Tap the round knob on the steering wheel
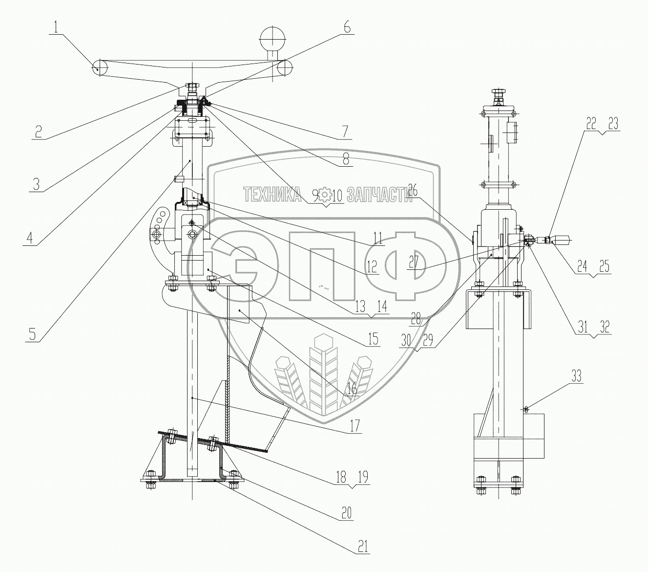click(x=272, y=37)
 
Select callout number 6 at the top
click(x=346, y=27)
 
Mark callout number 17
click(x=354, y=425)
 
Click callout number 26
click(x=413, y=193)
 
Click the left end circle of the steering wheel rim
click(x=100, y=67)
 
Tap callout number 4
click(x=30, y=238)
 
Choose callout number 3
click(x=37, y=185)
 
